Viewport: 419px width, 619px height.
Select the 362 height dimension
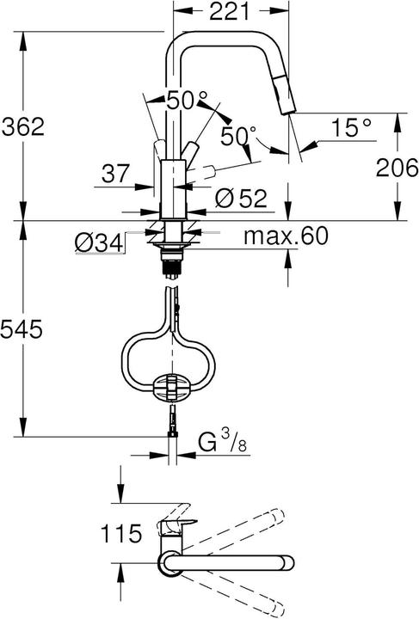(23, 127)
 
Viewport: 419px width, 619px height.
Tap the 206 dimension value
(397, 169)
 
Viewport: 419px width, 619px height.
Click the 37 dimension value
(115, 175)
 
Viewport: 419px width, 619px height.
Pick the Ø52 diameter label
(237, 199)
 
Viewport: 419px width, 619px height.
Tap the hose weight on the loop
(174, 387)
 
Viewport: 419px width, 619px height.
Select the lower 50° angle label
(237, 136)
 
